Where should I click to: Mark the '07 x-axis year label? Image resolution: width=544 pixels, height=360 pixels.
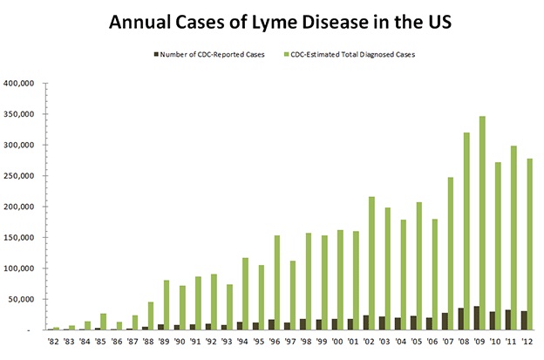[448, 343]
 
